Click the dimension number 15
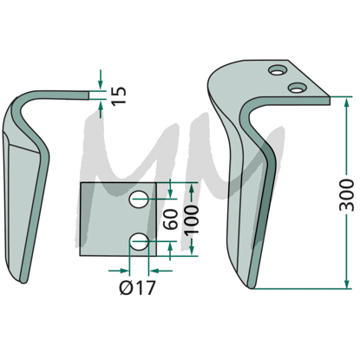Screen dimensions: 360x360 tap(119, 95)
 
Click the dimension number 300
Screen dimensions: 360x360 tap(347, 195)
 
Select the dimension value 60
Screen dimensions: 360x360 tap(172, 219)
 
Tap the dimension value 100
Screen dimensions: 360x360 tap(192, 219)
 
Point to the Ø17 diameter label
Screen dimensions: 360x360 tap(138, 288)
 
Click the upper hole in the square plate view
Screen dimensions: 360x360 tap(140, 199)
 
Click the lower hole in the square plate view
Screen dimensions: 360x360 tap(140, 241)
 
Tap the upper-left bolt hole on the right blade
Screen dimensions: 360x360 tap(278, 70)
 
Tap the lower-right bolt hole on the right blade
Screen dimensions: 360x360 tap(298, 88)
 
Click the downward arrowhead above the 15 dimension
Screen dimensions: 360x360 tap(101, 85)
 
